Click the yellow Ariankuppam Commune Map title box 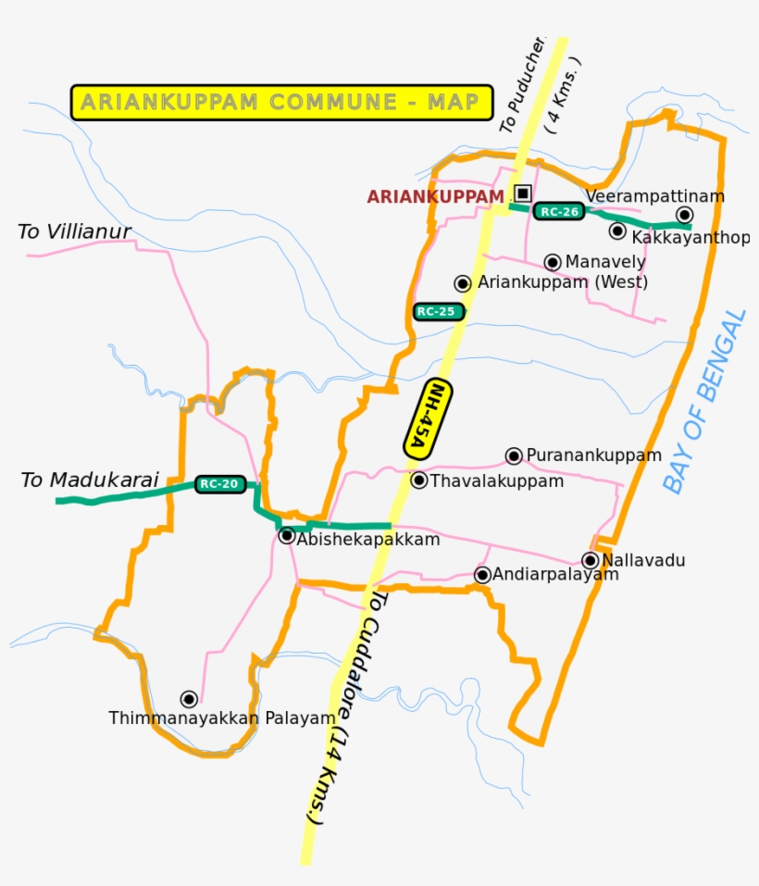tap(281, 102)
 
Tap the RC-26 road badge tap(560, 212)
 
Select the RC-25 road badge tap(437, 311)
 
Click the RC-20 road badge tap(220, 483)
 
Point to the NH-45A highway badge tap(428, 418)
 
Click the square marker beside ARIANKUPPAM tap(523, 193)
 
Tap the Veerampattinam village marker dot tap(685, 214)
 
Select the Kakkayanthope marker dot tap(617, 231)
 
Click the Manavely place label tap(605, 262)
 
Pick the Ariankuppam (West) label tap(563, 282)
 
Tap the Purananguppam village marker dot tap(514, 455)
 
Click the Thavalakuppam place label tap(497, 481)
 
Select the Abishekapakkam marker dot tap(287, 536)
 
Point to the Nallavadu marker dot tap(590, 560)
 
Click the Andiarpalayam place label tap(554, 575)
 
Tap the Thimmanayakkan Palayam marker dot tap(189, 699)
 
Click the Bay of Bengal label tap(704, 401)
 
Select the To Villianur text tap(74, 231)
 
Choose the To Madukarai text tap(90, 480)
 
